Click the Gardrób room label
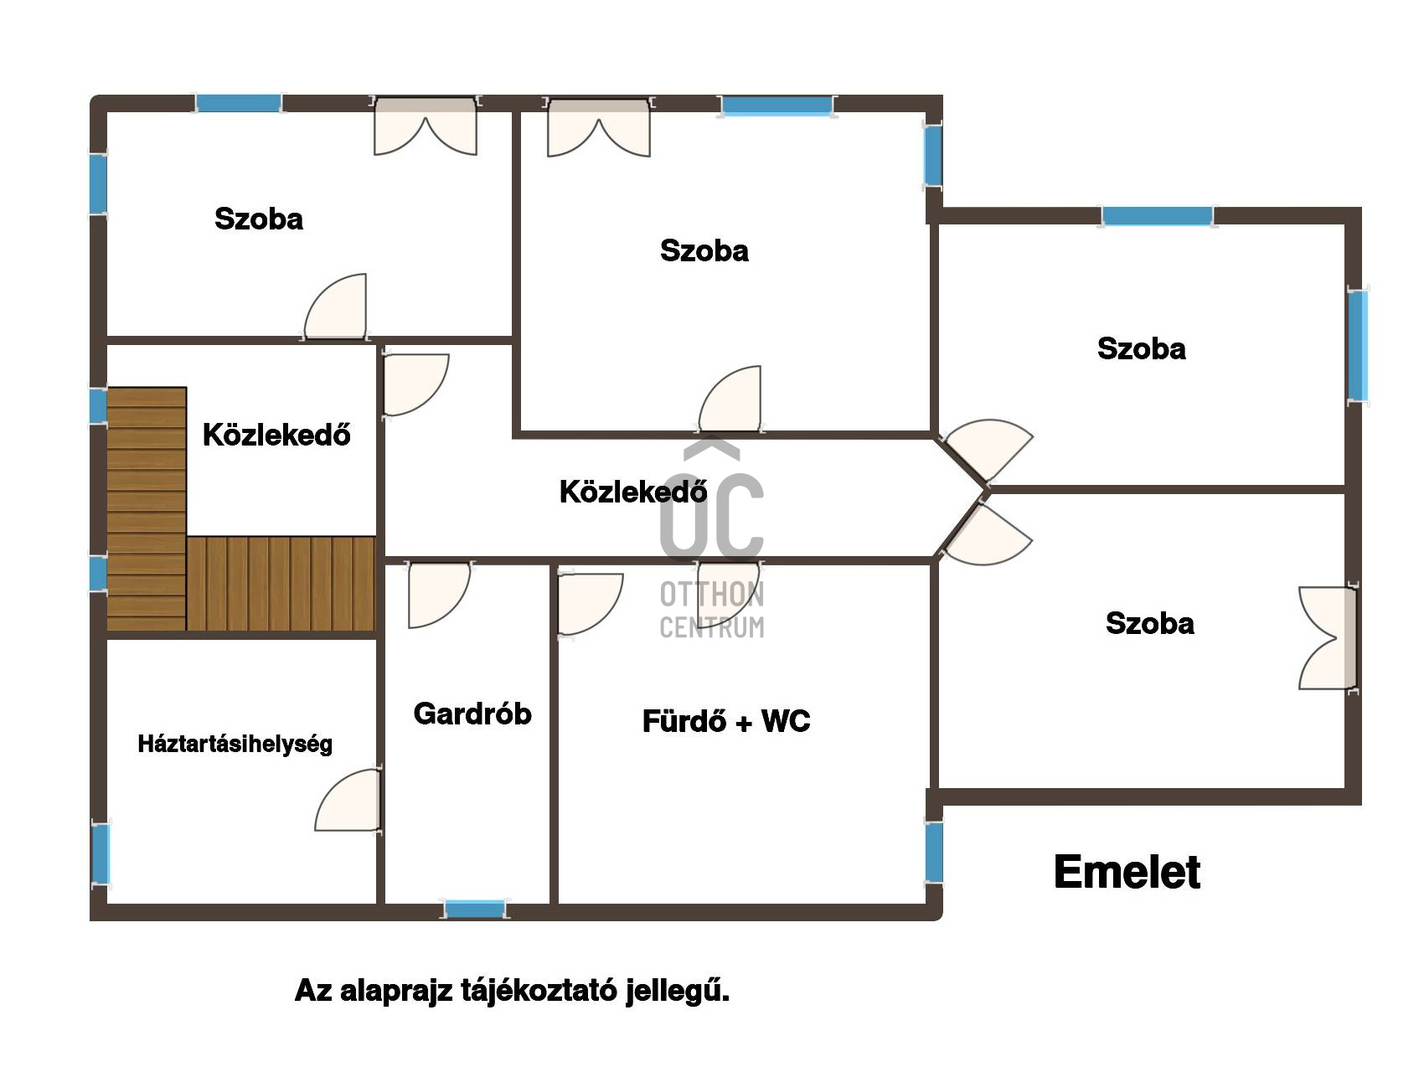(472, 714)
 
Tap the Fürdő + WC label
(726, 721)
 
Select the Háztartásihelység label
(235, 744)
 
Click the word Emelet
(1127, 872)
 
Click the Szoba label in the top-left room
(259, 219)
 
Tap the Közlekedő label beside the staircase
(276, 434)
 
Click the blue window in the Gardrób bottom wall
(475, 909)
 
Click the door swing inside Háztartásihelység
(348, 800)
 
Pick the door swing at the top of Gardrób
(439, 595)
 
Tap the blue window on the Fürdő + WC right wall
(934, 852)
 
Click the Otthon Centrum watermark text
(712, 610)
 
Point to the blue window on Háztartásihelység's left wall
(101, 853)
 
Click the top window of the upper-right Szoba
(1157, 216)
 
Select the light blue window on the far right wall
(1358, 344)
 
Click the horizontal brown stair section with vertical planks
(281, 584)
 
